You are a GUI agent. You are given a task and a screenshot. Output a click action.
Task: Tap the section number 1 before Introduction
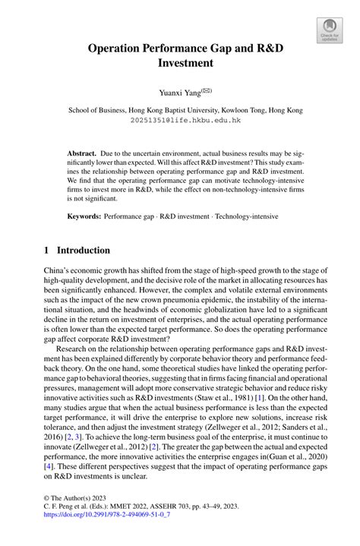point(46,251)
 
